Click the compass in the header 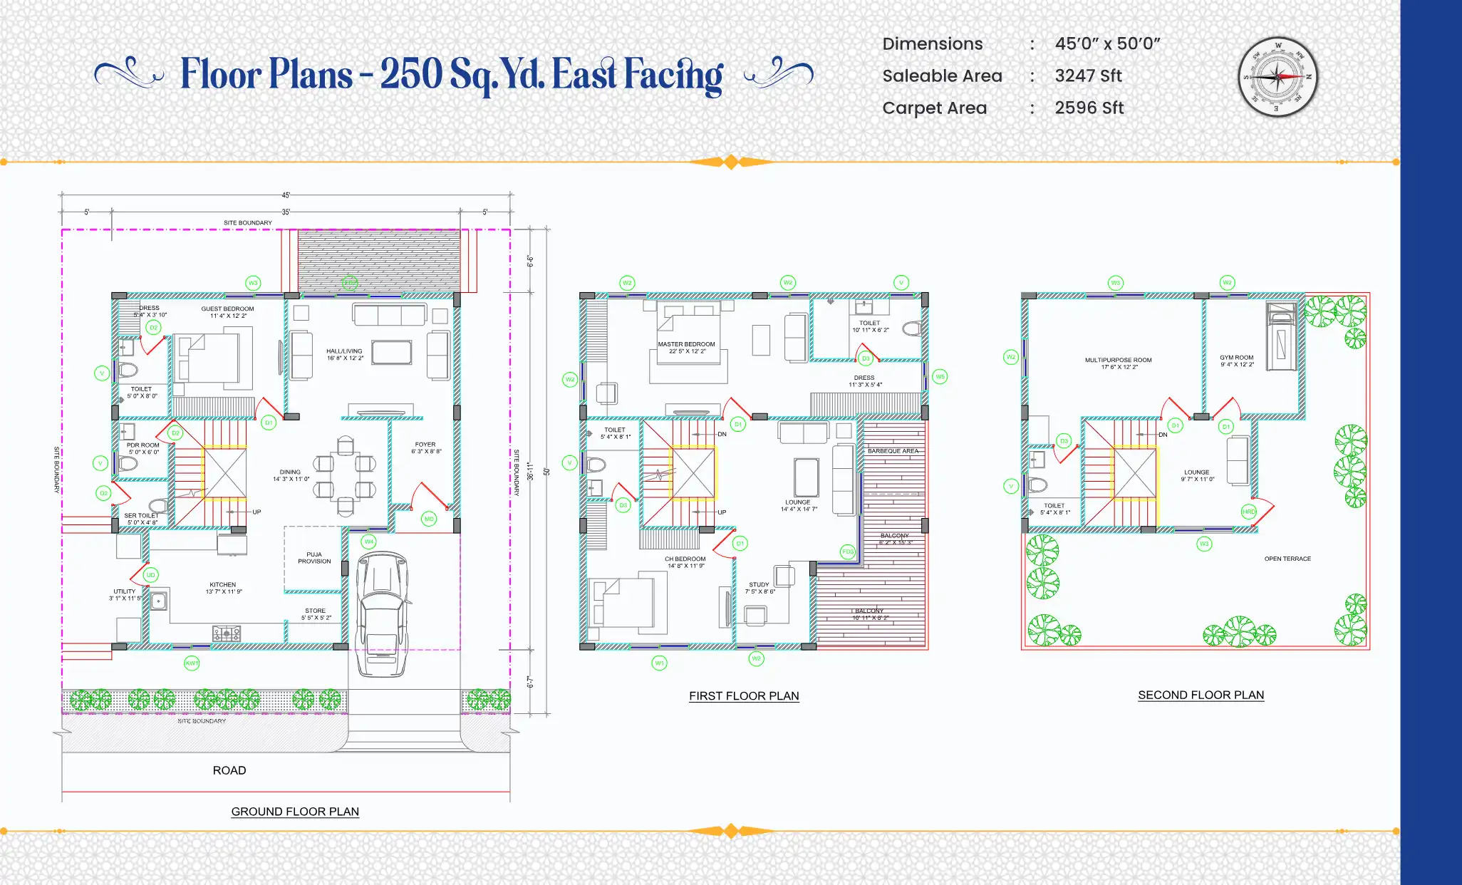tap(1277, 76)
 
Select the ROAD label tap(229, 770)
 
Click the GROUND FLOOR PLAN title tap(295, 812)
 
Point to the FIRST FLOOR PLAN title tap(744, 696)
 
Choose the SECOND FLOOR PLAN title tap(1201, 695)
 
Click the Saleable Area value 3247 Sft tap(1088, 76)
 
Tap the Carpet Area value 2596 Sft tap(1089, 108)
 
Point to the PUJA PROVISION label tap(314, 558)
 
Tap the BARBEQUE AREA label tap(893, 451)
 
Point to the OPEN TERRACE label tap(1287, 559)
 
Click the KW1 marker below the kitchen tap(192, 663)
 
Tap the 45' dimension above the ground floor tap(286, 195)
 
